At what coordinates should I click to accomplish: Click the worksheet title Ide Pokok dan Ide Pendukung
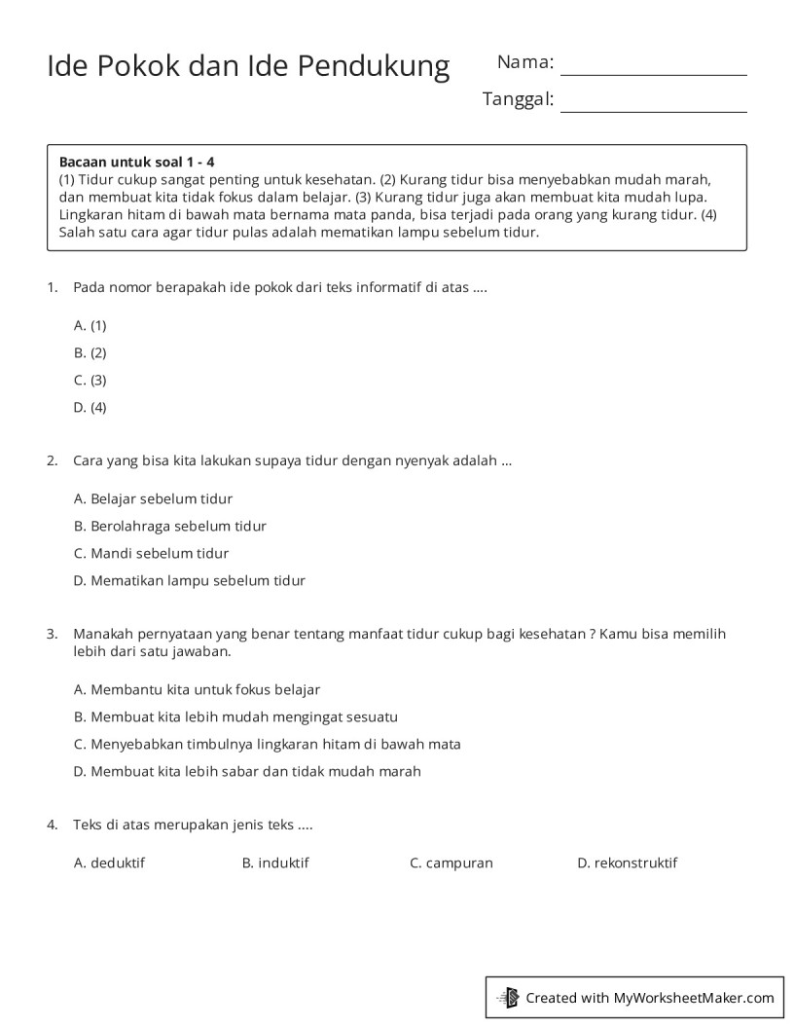pos(248,66)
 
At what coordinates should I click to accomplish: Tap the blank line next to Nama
pos(653,67)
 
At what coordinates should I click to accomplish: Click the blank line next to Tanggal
pos(653,103)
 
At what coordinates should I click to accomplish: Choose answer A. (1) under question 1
pos(90,325)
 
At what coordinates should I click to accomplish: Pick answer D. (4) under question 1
pos(90,407)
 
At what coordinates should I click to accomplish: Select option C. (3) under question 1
pos(90,380)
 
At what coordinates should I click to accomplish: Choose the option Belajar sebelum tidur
pos(154,498)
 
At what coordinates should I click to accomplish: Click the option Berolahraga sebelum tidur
pos(170,526)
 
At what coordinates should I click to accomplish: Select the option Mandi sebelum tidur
pos(152,553)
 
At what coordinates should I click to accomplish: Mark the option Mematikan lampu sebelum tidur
pos(190,580)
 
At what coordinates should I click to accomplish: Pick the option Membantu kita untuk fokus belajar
pos(198,689)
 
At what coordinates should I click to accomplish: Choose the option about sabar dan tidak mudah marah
pos(248,771)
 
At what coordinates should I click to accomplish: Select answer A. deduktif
pos(110,863)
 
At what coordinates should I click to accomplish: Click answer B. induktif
pos(275,863)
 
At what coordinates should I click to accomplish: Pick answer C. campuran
pos(451,863)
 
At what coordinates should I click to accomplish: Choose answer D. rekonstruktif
pos(628,863)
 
